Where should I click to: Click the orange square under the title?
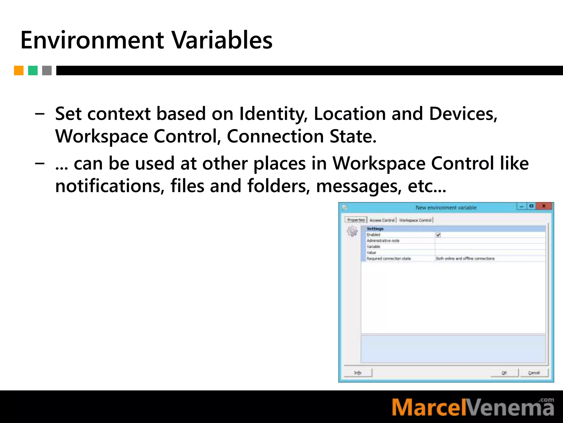click(x=19, y=70)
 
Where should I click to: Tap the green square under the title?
click(x=33, y=70)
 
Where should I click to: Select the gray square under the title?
click(x=47, y=70)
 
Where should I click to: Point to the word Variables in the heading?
click(x=222, y=40)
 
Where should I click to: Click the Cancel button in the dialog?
click(x=534, y=373)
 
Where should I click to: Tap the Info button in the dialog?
click(x=358, y=373)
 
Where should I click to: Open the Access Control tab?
click(x=382, y=220)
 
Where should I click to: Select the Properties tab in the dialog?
click(x=356, y=220)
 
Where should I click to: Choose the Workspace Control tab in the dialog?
click(x=415, y=220)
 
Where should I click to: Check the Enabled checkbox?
click(x=438, y=235)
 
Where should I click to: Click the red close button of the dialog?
click(x=543, y=206)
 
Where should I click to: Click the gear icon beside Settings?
click(x=352, y=231)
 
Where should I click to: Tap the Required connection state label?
click(x=389, y=259)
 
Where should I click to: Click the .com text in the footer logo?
click(x=547, y=400)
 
